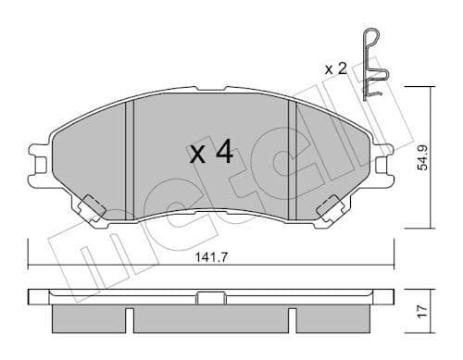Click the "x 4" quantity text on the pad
[x=210, y=153]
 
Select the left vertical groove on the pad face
[x=130, y=157]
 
